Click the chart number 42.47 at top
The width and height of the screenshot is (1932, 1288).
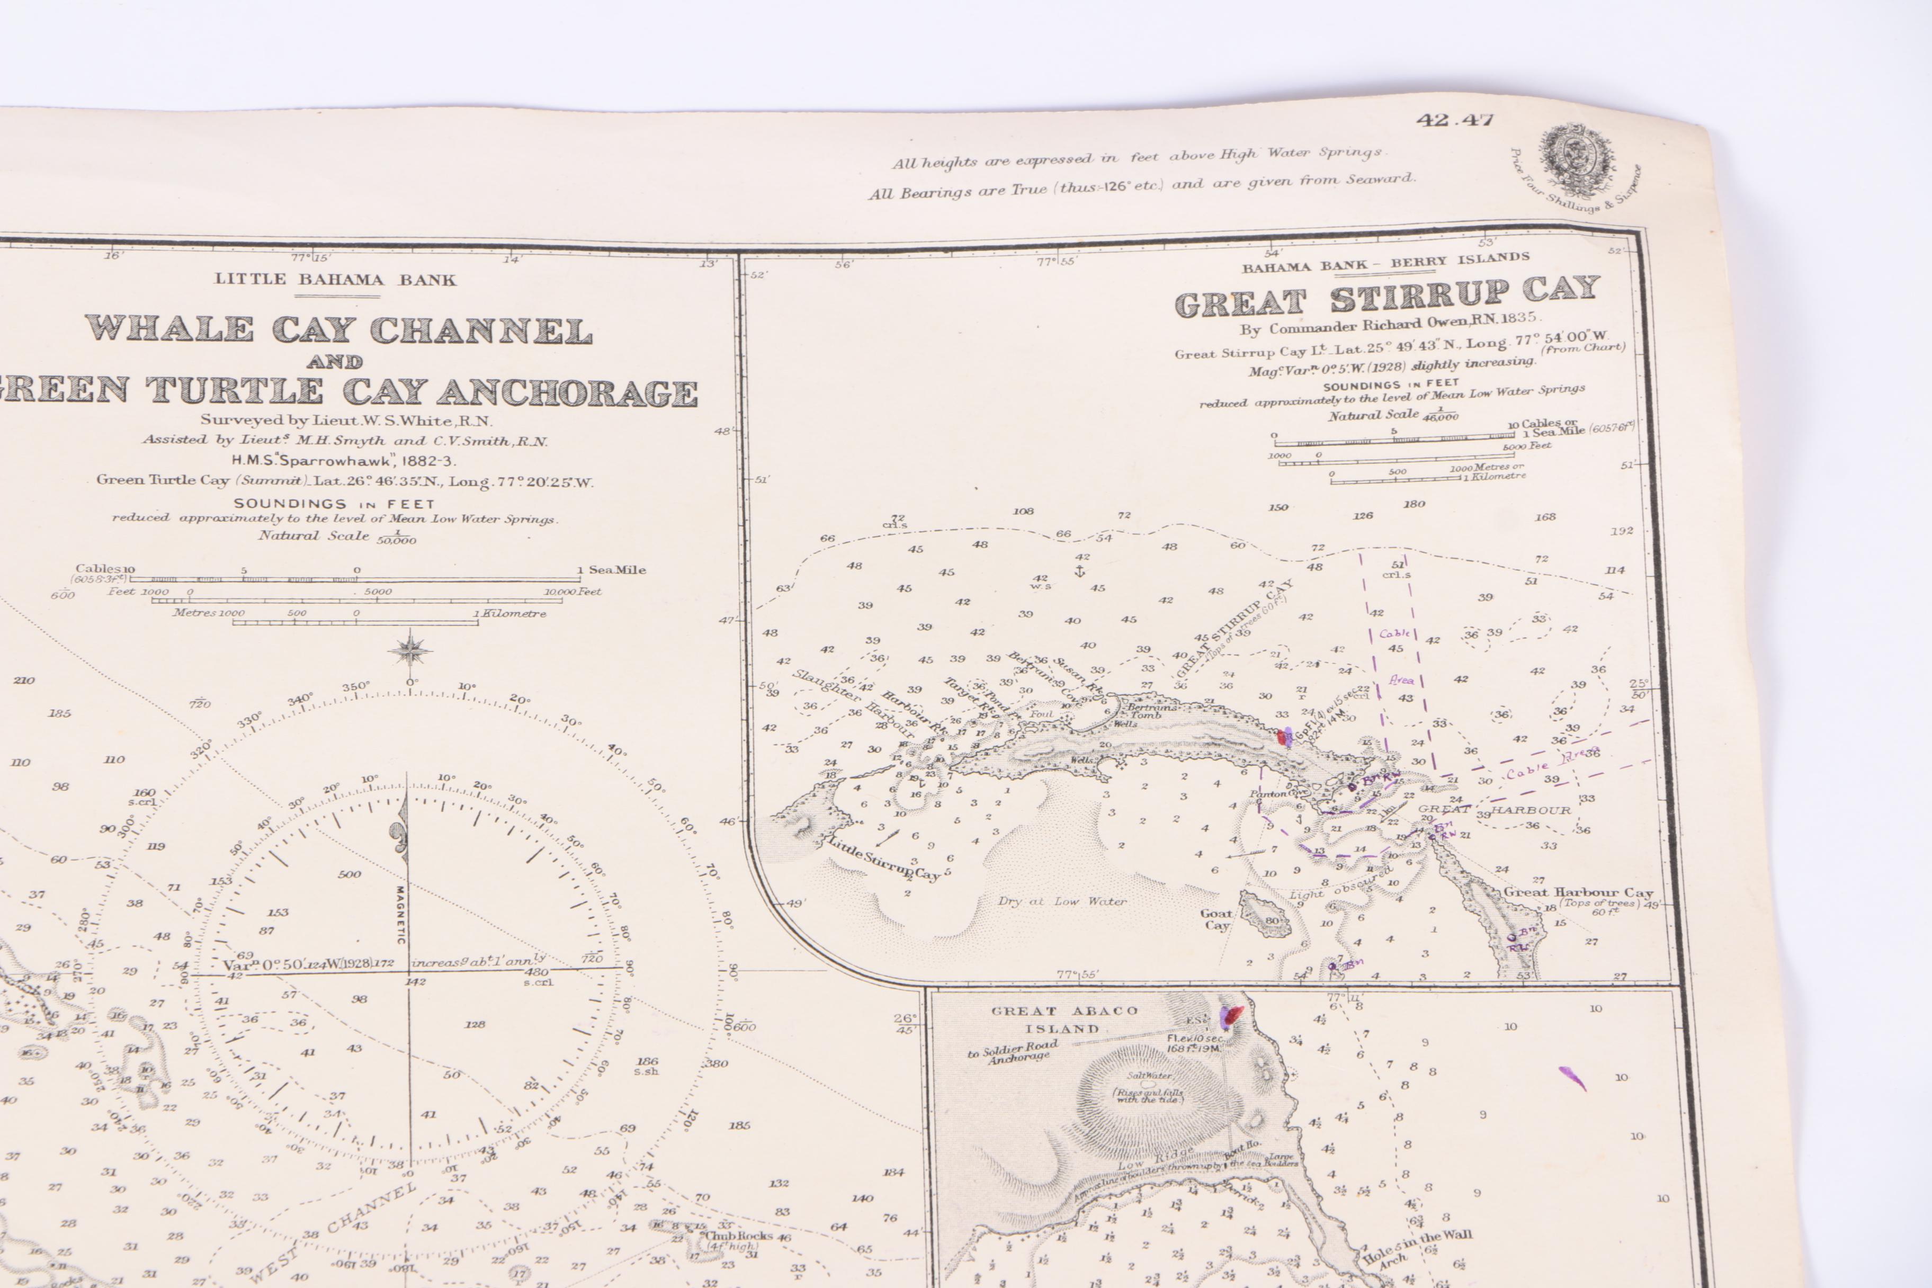click(1454, 120)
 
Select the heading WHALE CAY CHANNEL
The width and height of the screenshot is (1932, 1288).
click(338, 329)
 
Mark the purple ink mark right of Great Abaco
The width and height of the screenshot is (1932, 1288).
click(1572, 1078)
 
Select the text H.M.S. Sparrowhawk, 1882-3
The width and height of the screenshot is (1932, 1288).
click(344, 461)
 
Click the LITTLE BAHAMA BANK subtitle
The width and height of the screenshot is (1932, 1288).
click(335, 279)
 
